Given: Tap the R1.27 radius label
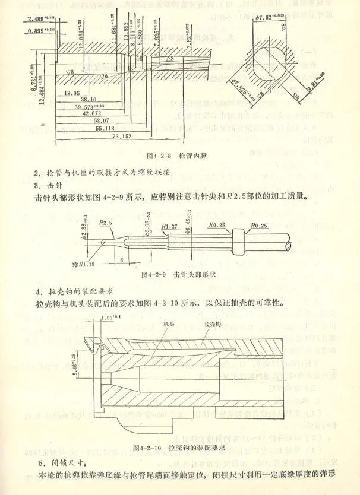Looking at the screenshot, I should pos(170,226).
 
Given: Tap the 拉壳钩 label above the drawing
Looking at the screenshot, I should pos(213,325).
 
